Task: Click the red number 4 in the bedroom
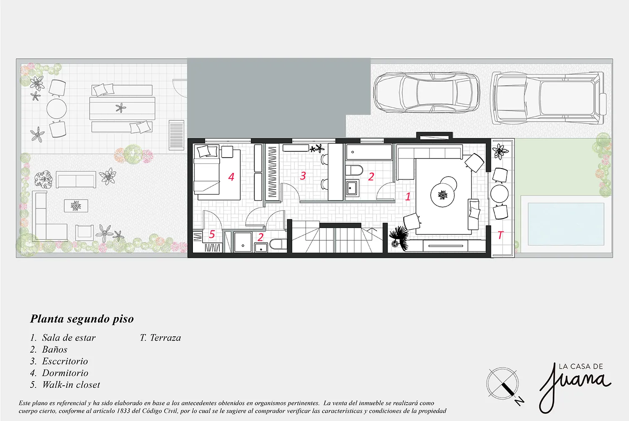click(231, 177)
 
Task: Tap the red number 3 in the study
click(303, 176)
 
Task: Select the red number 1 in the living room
click(408, 196)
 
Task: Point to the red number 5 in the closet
click(212, 234)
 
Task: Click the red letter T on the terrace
click(500, 235)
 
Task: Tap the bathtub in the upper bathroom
click(369, 152)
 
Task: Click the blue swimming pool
click(566, 224)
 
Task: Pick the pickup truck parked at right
click(548, 98)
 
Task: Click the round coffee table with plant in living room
click(442, 195)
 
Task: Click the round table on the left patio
click(57, 109)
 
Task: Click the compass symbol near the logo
click(503, 384)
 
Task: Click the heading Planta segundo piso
click(82, 319)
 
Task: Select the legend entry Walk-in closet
click(65, 385)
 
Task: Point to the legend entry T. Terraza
click(160, 338)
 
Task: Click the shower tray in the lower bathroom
click(243, 242)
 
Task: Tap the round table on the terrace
click(499, 193)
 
